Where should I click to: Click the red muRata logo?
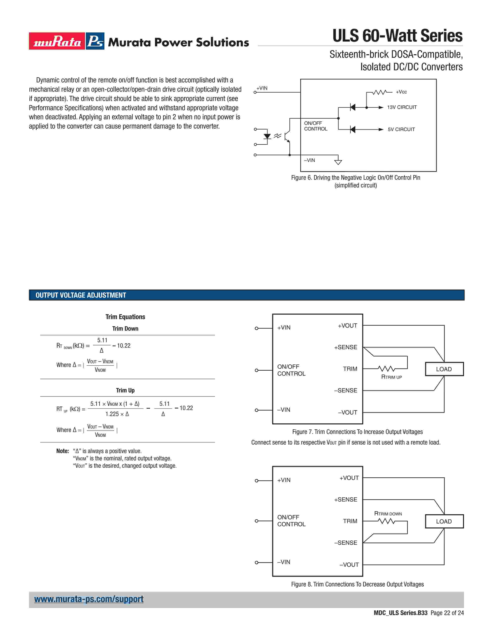(57, 41)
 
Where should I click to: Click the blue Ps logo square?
(95, 41)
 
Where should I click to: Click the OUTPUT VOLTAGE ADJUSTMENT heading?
(81, 295)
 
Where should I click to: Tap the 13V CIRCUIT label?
(402, 107)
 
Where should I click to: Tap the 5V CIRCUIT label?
(401, 130)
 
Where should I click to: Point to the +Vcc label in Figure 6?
(401, 92)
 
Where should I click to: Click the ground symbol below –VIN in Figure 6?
(338, 162)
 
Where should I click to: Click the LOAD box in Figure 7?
(444, 369)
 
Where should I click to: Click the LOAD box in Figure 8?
(444, 522)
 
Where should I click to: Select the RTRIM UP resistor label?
(391, 377)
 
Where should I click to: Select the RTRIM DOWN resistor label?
(388, 514)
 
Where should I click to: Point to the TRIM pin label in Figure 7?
(350, 369)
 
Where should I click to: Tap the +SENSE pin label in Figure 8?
(345, 500)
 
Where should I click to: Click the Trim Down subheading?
(125, 329)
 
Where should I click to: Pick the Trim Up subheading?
(125, 391)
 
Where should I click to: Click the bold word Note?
(62, 451)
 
